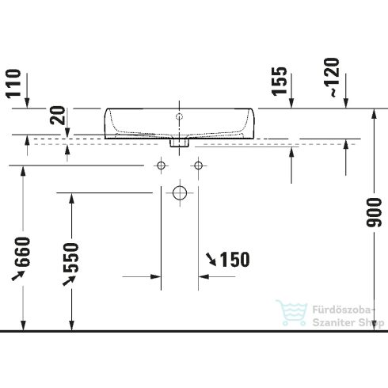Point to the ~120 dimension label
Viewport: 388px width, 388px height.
pos(337,79)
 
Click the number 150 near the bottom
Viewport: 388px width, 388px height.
pos(234,259)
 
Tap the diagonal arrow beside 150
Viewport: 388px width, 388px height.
pos(211,258)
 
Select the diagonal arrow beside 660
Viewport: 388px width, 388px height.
pos(17,276)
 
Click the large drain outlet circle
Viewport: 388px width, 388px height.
pos(180,192)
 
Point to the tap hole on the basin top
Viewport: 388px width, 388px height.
pos(181,118)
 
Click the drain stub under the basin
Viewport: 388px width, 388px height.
pos(180,143)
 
